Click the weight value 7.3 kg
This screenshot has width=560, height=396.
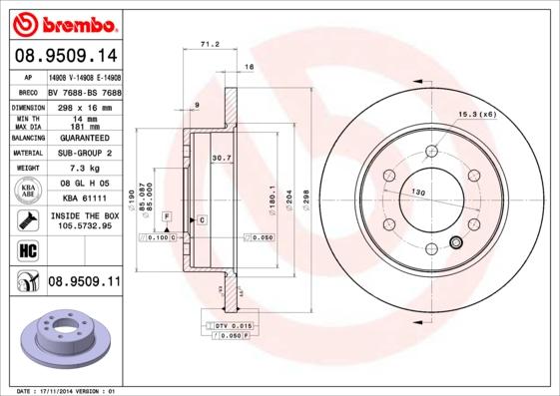point(84,169)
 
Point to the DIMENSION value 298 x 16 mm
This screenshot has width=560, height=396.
point(84,106)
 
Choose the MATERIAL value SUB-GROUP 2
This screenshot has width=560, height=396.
point(84,153)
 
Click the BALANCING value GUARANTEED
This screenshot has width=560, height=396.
point(84,138)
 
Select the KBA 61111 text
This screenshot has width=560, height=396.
point(84,198)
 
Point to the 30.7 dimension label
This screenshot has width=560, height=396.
point(221,158)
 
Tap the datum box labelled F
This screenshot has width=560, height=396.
point(166,216)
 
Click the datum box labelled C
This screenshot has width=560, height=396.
point(202,218)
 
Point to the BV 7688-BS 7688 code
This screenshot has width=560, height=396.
point(84,90)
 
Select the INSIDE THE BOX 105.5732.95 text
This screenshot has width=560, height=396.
point(84,220)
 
